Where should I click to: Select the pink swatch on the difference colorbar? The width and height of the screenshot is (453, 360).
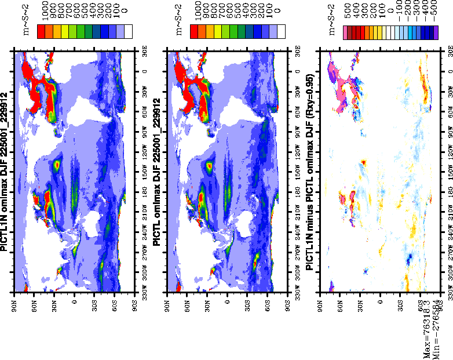pos(349,32)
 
